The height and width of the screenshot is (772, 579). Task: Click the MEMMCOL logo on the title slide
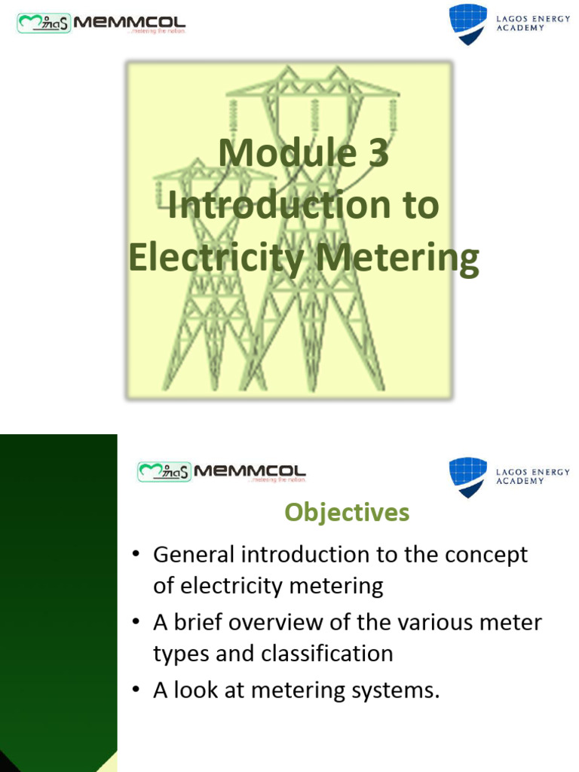(101, 24)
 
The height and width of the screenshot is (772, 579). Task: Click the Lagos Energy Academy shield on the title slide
(467, 23)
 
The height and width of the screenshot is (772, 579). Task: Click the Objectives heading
(347, 513)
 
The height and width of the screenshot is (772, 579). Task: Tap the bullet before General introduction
(136, 555)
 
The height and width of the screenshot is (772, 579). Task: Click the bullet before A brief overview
(136, 623)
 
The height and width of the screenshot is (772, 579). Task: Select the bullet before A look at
(136, 691)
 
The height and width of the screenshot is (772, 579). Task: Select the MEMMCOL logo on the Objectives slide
(222, 473)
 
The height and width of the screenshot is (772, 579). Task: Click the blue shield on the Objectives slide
(467, 476)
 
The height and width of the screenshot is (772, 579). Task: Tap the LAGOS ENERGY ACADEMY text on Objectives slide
(532, 476)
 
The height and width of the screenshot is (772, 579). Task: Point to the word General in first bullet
(194, 555)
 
